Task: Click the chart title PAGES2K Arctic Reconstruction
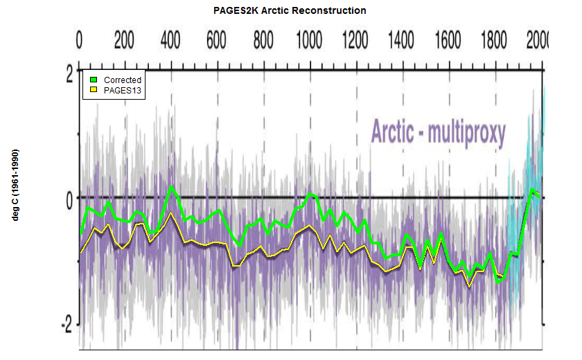pyautogui.click(x=290, y=10)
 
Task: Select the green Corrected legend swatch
pyautogui.click(x=94, y=80)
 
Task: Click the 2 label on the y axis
pyautogui.click(x=69, y=75)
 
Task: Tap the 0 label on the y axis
pyautogui.click(x=69, y=199)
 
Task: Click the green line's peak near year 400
pyautogui.click(x=171, y=187)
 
